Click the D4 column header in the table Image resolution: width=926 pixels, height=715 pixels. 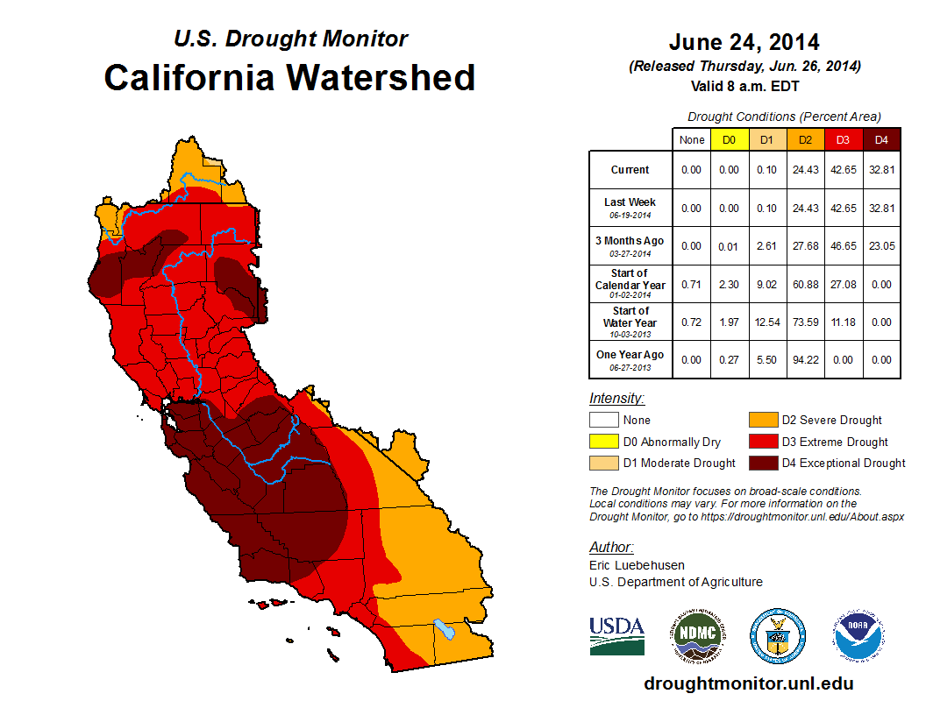pos(881,139)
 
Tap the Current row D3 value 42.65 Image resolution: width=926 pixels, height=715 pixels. pos(844,170)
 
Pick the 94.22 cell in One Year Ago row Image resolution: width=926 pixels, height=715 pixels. pos(806,360)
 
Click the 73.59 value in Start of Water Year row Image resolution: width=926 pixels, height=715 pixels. pos(806,322)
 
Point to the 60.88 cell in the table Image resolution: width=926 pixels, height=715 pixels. pos(806,285)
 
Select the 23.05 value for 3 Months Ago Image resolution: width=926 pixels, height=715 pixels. pos(881,246)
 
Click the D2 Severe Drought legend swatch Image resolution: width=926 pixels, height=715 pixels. pos(761,420)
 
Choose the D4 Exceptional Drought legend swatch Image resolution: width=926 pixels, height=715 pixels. pos(761,463)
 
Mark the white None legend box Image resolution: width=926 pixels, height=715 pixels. pos(603,420)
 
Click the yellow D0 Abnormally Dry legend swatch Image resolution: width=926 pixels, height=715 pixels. pos(603,442)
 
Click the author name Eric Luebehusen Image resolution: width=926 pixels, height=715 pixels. pos(635,565)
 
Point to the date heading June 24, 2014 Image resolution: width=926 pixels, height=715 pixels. pos(744,42)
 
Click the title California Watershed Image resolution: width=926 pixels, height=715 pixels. pos(289,77)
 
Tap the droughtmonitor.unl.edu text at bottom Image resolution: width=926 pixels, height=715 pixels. pos(748,683)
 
